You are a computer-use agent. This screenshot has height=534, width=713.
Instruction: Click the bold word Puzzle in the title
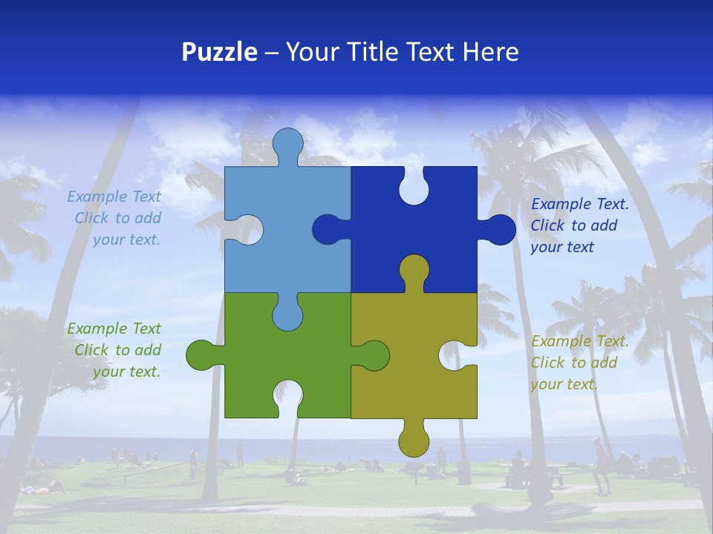(x=219, y=52)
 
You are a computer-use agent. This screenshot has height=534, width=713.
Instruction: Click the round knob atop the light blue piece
(x=287, y=144)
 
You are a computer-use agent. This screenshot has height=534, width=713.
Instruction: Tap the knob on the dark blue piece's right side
(x=499, y=230)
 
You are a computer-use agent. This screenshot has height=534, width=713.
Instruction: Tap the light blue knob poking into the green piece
(x=287, y=314)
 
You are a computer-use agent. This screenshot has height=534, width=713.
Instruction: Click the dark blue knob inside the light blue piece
(x=328, y=230)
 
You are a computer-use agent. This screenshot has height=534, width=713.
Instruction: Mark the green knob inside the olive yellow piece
(x=373, y=355)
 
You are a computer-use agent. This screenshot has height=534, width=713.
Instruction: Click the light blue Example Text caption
(x=115, y=218)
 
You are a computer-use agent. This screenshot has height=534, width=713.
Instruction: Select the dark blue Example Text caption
(x=579, y=225)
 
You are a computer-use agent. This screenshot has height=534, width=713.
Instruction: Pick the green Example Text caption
(x=115, y=350)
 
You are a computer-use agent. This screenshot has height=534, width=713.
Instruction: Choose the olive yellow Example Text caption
(x=579, y=363)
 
